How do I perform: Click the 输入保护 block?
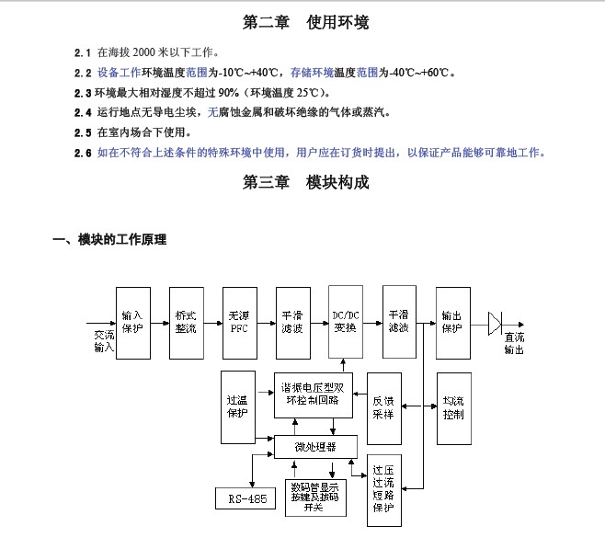132,321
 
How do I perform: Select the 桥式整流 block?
186,321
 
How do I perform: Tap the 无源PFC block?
239,321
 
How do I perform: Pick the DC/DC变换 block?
346,321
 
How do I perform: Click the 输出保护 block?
452,321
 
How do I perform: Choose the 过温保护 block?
237,406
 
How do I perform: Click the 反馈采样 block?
383,406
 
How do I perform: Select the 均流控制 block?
453,406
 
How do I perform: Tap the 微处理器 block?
315,448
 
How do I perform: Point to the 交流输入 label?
103,342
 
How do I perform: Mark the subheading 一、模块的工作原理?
110,241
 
